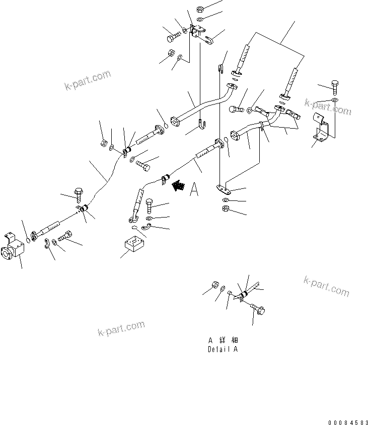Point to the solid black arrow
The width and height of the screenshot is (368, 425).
tap(178, 186)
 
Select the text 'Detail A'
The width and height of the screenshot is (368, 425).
tap(222, 349)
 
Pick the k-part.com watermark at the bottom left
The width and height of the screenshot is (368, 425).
tap(121, 330)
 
